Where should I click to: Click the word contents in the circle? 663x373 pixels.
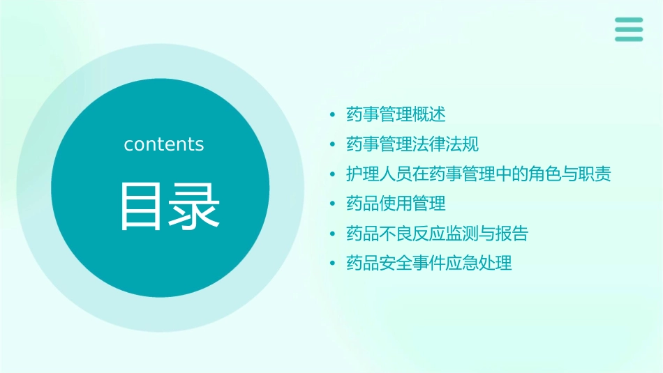click(x=164, y=144)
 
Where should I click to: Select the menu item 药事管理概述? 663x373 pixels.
click(x=396, y=114)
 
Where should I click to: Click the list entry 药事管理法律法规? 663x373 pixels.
click(x=412, y=144)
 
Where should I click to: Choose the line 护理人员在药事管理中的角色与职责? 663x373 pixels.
click(x=478, y=174)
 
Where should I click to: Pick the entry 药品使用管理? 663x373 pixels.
click(x=396, y=204)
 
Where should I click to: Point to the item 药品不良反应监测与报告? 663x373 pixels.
click(x=437, y=234)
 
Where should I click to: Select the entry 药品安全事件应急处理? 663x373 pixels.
click(x=429, y=264)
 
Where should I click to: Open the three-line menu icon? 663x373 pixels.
click(x=629, y=29)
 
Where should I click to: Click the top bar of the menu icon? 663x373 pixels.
click(x=629, y=20)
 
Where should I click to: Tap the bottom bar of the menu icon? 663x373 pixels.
click(x=629, y=39)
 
